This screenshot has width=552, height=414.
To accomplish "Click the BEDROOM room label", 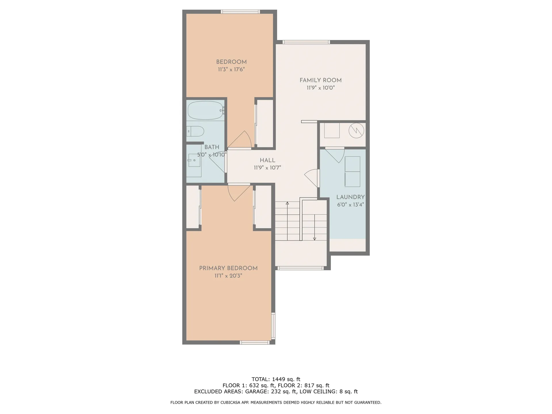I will point(231,62).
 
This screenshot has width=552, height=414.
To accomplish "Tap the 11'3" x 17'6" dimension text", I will point(231,69).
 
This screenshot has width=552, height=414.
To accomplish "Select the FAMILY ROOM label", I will point(320,80).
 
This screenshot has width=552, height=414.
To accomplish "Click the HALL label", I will point(267,160).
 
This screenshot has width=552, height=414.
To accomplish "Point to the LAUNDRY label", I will point(350,197).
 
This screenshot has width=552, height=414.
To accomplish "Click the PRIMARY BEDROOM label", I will point(228,268).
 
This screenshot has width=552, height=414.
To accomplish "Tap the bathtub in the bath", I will point(205,110).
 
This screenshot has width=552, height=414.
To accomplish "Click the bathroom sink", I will point(194,160).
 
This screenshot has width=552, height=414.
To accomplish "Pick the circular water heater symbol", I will point(356,131).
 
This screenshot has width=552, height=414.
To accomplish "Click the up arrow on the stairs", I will point(287,204).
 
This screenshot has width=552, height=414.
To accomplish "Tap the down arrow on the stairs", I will point(315,238).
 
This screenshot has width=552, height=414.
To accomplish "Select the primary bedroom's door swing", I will point(238,193).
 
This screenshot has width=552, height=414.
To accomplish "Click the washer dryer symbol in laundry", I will point(352,172).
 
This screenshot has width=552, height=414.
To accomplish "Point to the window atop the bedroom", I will point(240,12).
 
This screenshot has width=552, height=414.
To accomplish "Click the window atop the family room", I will point(306,42).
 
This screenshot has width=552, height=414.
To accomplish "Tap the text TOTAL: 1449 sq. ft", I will point(276,379).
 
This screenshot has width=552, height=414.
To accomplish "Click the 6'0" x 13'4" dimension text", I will point(350,205).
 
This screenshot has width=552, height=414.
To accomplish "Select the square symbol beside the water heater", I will point(332,130).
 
